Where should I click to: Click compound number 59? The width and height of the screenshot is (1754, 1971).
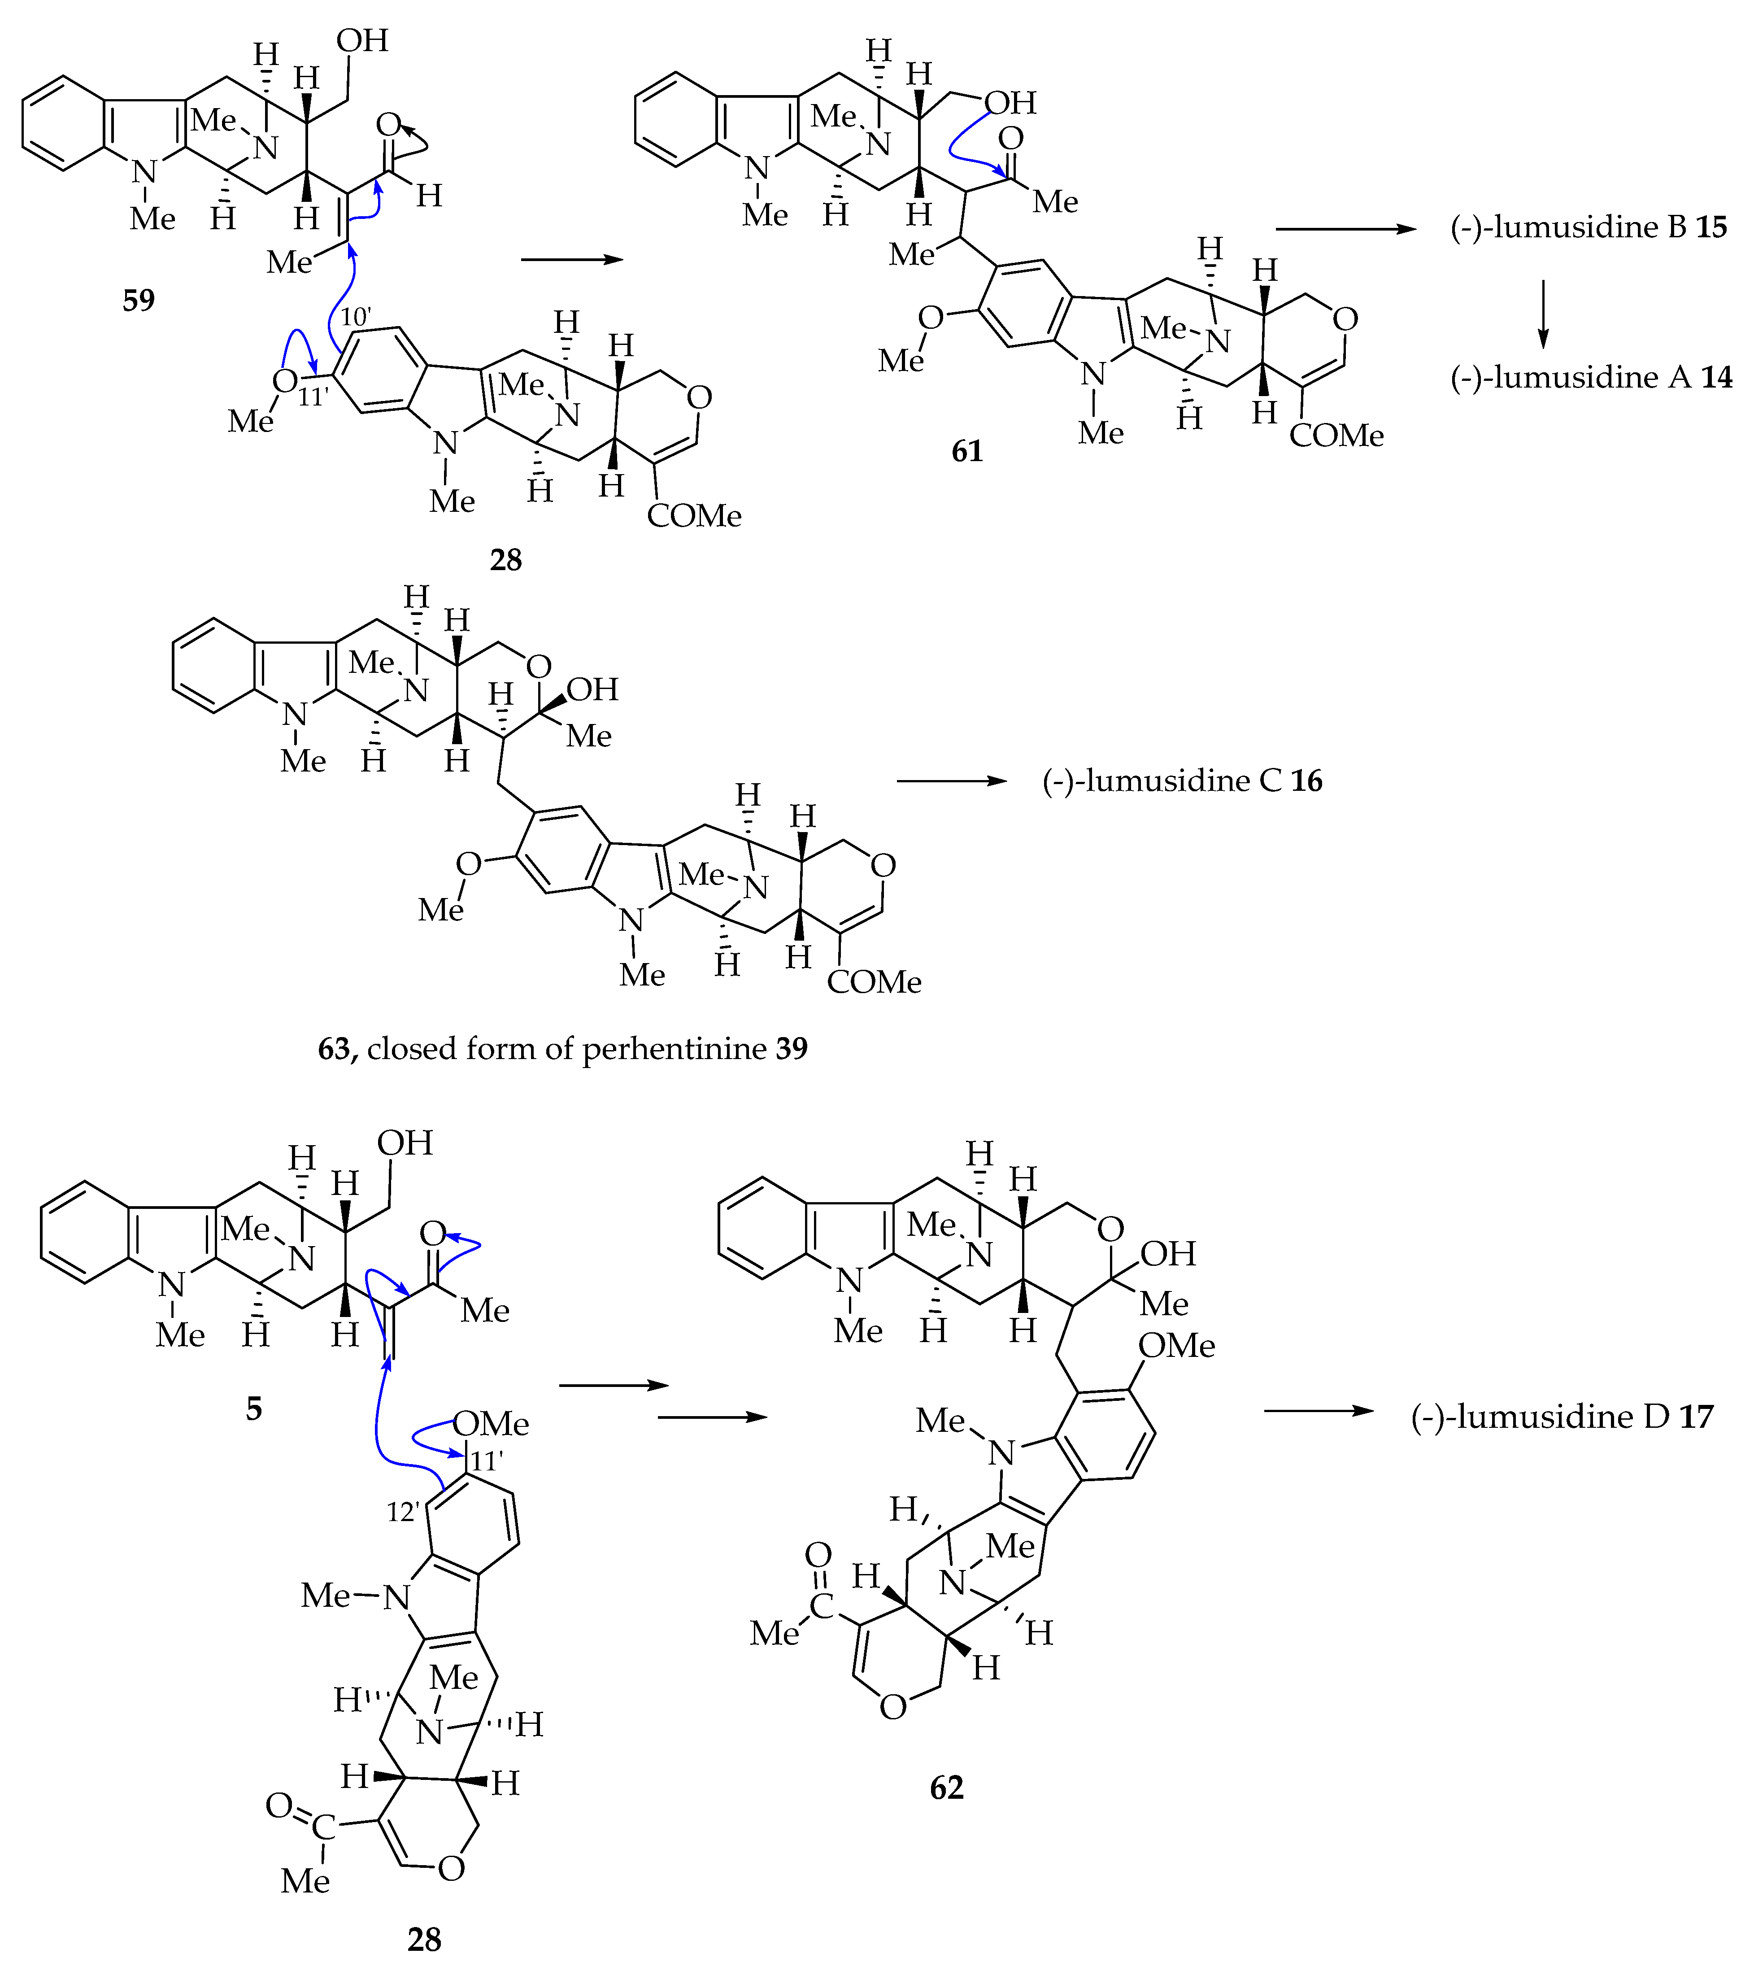pos(139,301)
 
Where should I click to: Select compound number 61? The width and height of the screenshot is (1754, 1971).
pos(967,450)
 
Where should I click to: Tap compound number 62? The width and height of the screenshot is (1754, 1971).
pos(947,1787)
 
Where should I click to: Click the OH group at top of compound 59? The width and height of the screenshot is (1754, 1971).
pos(362,40)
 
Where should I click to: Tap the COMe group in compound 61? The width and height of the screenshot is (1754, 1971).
pos(1336,436)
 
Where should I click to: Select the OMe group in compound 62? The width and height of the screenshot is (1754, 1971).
pos(1176,1345)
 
